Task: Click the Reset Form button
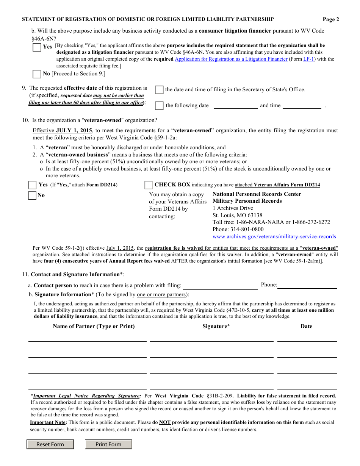50,444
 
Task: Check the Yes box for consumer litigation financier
37,47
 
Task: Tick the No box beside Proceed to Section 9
37,74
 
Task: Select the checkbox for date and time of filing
160,90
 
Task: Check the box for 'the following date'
160,106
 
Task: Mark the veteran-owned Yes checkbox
32,185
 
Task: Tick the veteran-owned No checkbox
32,195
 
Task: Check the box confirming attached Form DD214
149,185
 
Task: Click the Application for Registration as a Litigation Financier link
231,59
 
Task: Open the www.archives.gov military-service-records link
274,236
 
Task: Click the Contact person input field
220,286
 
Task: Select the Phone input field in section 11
307,285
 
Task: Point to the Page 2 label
331,20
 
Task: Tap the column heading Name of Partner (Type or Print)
94,326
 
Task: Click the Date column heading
306,326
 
